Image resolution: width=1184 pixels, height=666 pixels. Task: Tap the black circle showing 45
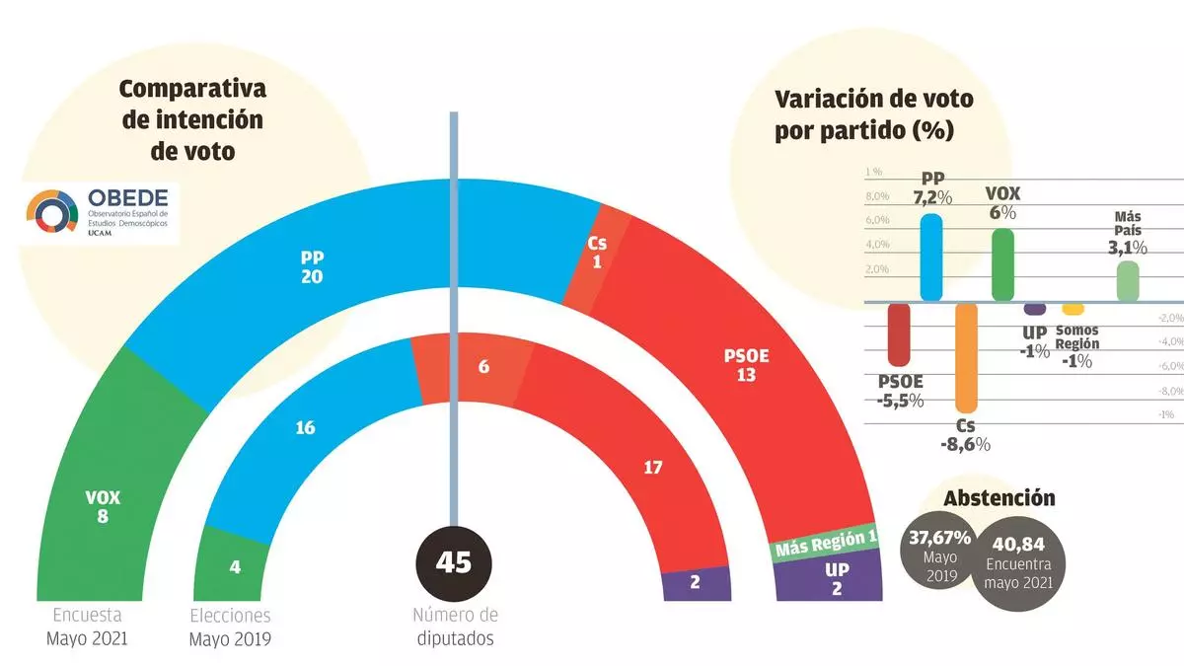pyautogui.click(x=454, y=562)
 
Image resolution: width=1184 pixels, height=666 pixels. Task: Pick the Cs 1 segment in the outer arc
pyautogui.click(x=598, y=253)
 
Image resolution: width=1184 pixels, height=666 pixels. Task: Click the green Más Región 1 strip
pyautogui.click(x=825, y=542)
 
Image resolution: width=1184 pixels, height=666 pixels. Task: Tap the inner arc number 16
pyautogui.click(x=305, y=427)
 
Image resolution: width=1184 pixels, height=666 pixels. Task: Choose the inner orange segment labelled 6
pyautogui.click(x=482, y=366)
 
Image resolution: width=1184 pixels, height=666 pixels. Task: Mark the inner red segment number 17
pyautogui.click(x=652, y=468)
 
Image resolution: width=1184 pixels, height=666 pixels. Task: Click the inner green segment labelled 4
pyautogui.click(x=234, y=567)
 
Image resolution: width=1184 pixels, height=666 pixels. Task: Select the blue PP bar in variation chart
pyautogui.click(x=930, y=257)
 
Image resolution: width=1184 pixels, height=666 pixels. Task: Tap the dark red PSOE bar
pyautogui.click(x=899, y=333)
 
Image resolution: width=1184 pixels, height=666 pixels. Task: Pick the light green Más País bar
pyautogui.click(x=1128, y=280)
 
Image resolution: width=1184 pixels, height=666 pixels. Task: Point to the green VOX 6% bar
pyautogui.click(x=1002, y=263)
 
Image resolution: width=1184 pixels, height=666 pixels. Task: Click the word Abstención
pyautogui.click(x=999, y=498)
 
